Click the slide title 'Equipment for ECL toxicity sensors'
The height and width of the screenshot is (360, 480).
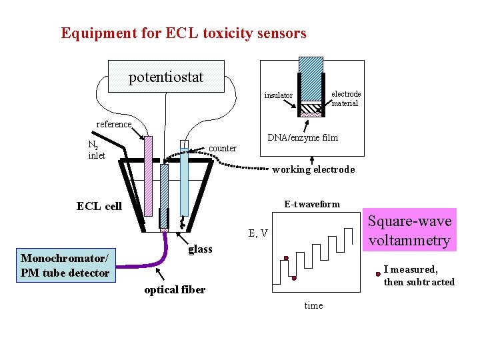(183, 33)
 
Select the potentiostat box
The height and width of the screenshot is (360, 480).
(166, 77)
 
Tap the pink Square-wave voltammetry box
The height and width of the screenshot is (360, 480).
(409, 231)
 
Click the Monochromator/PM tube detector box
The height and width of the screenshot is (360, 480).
(65, 265)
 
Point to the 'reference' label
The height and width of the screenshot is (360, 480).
(114, 124)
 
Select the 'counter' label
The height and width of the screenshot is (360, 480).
(223, 148)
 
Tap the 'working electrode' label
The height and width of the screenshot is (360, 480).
(313, 169)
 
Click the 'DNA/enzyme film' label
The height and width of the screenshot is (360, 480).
(302, 137)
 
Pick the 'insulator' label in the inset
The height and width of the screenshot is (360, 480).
(278, 95)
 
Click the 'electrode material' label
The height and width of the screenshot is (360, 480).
(346, 98)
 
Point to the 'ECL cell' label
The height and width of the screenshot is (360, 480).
(99, 206)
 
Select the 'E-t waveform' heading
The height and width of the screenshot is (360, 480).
(311, 204)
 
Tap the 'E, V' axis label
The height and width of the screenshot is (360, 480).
(258, 233)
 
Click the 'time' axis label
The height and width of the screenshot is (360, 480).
(313, 305)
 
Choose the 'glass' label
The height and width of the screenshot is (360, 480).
(200, 249)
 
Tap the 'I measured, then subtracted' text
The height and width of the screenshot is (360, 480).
(419, 275)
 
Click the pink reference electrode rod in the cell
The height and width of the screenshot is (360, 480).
(149, 176)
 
